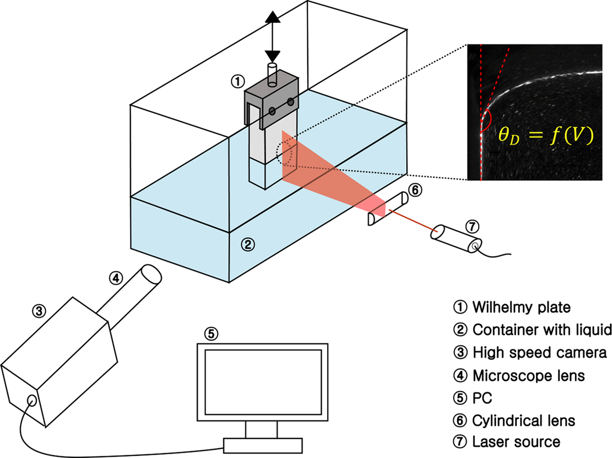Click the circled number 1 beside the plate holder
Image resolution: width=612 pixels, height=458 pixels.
(x=238, y=81)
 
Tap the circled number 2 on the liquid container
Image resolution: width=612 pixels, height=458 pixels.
(x=248, y=244)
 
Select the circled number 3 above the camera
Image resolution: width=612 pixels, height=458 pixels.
(x=39, y=311)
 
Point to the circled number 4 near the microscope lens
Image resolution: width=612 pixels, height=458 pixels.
(x=116, y=278)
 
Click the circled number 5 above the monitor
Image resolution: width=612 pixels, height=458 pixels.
(x=211, y=334)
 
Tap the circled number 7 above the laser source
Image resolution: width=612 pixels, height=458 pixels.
(x=472, y=227)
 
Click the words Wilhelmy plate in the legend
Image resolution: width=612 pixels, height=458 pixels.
(x=521, y=307)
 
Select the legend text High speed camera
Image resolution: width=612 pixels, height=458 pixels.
(x=539, y=353)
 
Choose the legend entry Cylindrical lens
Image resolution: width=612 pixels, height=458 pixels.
(x=523, y=421)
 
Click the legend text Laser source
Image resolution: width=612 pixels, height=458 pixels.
(x=516, y=442)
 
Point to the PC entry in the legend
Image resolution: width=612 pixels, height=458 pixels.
(x=482, y=398)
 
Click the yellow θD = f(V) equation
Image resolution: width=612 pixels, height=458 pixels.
(x=546, y=135)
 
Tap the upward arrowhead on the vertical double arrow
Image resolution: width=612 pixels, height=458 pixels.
(x=273, y=17)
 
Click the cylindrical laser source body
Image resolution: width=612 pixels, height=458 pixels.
(x=456, y=238)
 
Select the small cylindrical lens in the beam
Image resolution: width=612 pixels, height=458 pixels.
(x=388, y=209)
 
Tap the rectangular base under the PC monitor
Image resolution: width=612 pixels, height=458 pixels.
(x=263, y=445)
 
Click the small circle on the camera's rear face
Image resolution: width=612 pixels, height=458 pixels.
(x=31, y=400)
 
